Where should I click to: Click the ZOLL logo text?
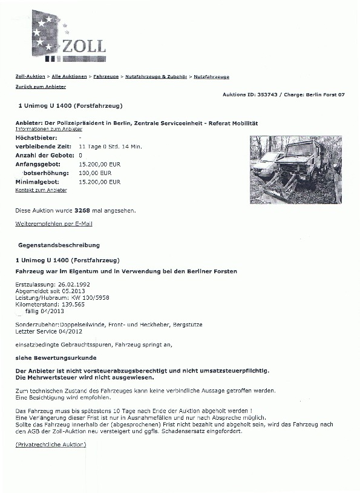(84, 46)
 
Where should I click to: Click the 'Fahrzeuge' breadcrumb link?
(105, 77)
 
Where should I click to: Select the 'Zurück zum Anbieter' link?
(41, 87)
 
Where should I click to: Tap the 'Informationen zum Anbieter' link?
(48, 130)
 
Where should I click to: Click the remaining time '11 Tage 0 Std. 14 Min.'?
(110, 147)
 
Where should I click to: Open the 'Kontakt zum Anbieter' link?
(41, 190)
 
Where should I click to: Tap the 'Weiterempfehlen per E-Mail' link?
(53, 224)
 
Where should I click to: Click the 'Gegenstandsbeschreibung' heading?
(59, 245)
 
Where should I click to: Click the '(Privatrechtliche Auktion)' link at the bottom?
(51, 445)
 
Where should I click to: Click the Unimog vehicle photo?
(295, 170)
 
